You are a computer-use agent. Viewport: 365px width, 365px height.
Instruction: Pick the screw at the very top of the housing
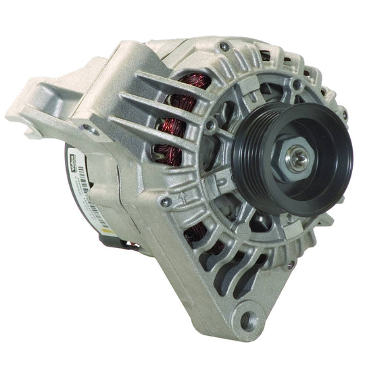(224, 46)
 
